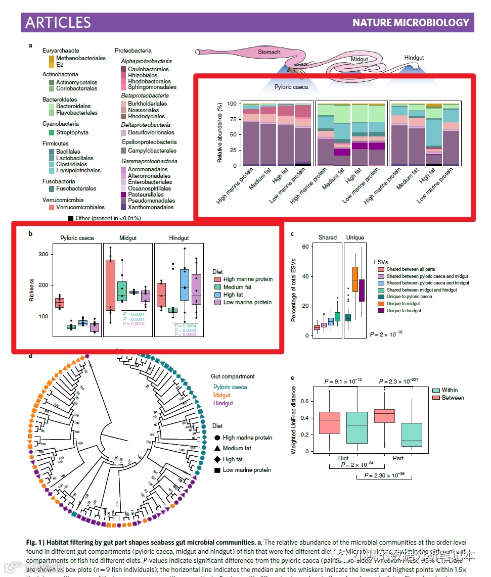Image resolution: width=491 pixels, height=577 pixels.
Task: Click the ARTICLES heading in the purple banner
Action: pyautogui.click(x=58, y=22)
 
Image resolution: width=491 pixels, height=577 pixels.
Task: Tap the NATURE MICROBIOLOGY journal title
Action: pyautogui.click(x=411, y=23)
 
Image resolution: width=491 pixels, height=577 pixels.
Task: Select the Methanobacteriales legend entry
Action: pyautogui.click(x=81, y=58)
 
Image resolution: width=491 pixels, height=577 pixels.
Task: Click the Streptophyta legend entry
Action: pyautogui.click(x=72, y=132)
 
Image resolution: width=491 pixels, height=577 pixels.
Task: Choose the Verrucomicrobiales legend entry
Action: pyautogui.click(x=80, y=207)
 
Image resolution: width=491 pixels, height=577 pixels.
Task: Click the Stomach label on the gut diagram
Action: pyautogui.click(x=269, y=52)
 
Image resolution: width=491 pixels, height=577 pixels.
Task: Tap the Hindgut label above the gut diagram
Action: pyautogui.click(x=414, y=58)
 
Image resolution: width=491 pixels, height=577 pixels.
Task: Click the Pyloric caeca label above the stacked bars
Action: pyautogui.click(x=291, y=87)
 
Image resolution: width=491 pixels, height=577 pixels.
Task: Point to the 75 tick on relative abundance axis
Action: pyautogui.click(x=231, y=119)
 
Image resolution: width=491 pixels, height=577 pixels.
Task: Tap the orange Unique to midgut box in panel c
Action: pyautogui.click(x=355, y=279)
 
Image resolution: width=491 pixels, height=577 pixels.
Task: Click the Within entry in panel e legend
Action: pyautogui.click(x=450, y=391)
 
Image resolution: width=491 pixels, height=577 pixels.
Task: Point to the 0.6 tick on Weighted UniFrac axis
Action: pyautogui.click(x=305, y=401)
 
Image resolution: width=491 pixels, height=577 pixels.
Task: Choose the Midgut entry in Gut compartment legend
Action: pyautogui.click(x=221, y=395)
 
